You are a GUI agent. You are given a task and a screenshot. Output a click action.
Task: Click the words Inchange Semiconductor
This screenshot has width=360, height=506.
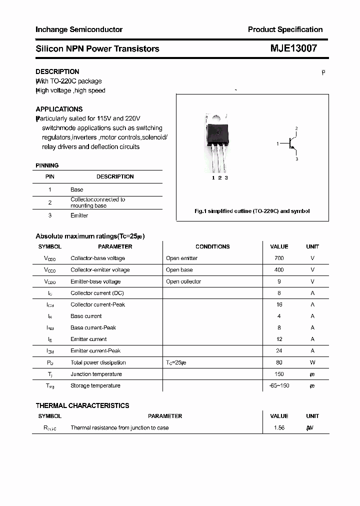79,29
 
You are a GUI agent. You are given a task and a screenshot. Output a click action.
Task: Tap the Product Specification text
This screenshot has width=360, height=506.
285,29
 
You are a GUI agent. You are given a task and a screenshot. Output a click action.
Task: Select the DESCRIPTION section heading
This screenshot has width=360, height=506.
57,71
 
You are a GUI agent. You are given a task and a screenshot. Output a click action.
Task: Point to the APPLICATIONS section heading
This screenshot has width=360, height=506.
59,109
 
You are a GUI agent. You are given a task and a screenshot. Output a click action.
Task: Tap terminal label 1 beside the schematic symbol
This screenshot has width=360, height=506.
277,144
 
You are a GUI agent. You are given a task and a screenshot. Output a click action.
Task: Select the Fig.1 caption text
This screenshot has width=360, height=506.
252,211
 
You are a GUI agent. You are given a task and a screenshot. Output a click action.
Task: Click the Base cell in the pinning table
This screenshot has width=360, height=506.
77,189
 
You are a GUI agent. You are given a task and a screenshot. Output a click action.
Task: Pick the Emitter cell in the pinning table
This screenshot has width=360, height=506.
79,215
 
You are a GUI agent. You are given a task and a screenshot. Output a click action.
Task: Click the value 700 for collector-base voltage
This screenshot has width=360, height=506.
279,258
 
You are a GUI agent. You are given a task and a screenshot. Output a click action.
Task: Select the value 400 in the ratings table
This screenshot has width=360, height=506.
279,269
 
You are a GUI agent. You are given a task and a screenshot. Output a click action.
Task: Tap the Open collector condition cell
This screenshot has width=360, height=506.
183,281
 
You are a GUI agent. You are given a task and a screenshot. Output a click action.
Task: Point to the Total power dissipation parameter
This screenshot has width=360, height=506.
98,362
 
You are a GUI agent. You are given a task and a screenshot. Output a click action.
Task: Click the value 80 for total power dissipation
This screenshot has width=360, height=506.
279,362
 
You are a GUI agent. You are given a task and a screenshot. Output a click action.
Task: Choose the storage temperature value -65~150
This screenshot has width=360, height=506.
279,385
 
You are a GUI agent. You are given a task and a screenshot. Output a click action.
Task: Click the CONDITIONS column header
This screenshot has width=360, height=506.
212,246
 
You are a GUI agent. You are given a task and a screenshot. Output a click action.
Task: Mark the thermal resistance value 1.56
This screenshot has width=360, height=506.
279,427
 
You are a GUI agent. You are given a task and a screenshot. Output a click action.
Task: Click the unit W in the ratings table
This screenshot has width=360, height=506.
312,362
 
